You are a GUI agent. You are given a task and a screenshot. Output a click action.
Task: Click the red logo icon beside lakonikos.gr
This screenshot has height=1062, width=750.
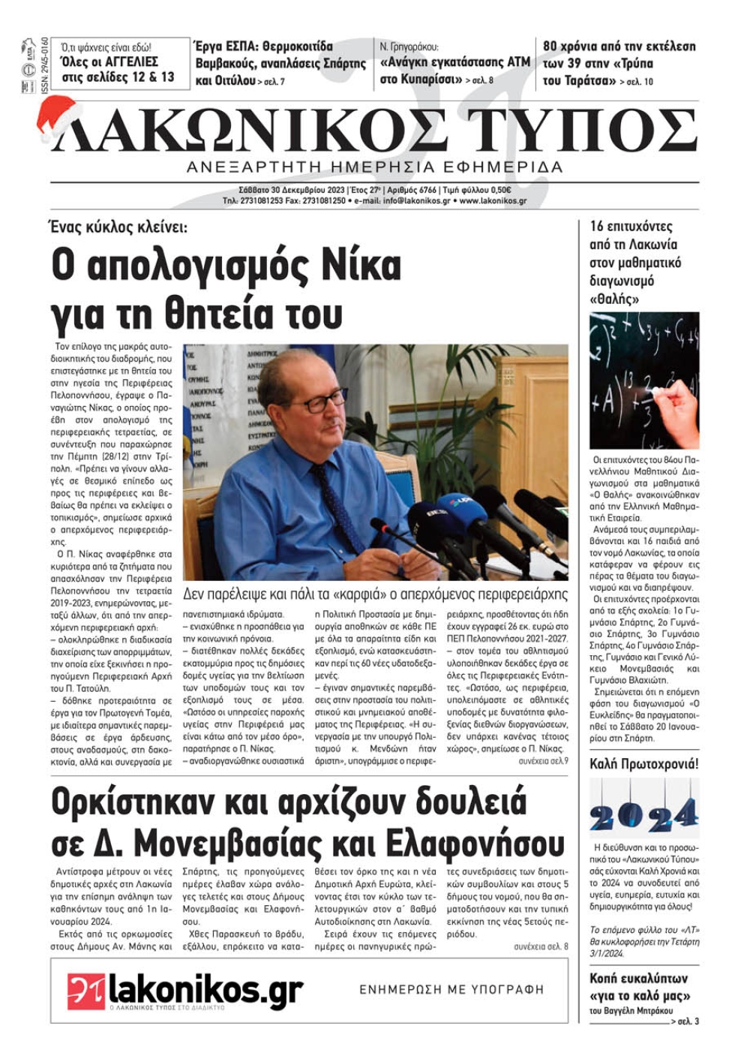85,991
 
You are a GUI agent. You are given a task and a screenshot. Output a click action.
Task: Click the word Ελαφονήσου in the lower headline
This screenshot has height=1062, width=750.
472,842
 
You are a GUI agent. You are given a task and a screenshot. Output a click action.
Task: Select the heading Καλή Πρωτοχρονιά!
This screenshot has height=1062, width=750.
643,765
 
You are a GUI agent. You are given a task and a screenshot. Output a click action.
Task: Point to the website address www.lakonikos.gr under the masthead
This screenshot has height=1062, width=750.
493,201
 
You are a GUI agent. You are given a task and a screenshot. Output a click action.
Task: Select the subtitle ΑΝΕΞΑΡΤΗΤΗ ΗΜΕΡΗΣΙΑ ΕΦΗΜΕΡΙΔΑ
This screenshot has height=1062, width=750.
374,167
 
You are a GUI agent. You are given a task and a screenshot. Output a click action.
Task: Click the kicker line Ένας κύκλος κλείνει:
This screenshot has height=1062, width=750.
120,227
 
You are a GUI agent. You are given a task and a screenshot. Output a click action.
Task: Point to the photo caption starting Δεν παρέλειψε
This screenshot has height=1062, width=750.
375,594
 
